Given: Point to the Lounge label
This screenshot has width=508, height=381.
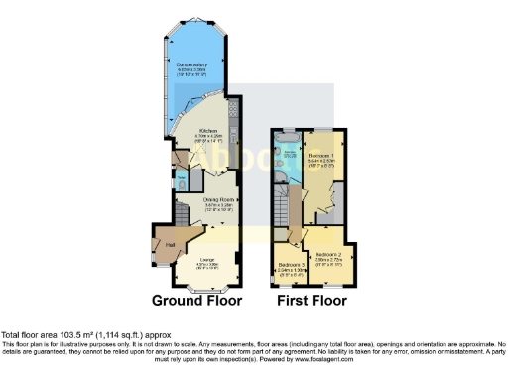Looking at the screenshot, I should [205, 261].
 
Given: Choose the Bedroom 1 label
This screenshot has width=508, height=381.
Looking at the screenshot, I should [318, 157].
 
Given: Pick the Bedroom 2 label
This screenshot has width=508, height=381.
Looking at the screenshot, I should [328, 256].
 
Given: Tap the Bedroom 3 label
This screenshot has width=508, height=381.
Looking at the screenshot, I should [290, 266].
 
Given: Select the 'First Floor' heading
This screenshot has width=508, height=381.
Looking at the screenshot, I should [312, 299].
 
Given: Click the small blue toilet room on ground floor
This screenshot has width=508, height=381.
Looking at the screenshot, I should [182, 181].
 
